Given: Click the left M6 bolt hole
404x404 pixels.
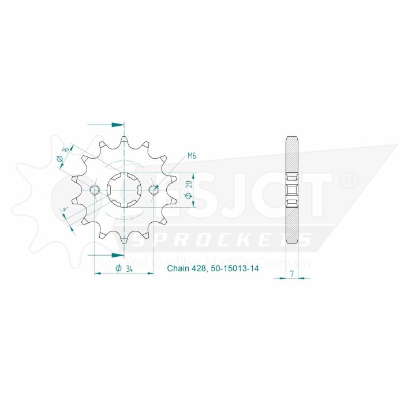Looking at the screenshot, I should click(x=95, y=189).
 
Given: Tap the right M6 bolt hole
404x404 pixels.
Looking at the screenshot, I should click(x=154, y=189).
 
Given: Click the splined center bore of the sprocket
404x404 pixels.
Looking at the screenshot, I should click(x=124, y=189).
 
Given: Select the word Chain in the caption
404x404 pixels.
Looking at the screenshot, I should click(x=177, y=269).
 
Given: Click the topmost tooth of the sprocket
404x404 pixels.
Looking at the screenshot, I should click(x=125, y=140).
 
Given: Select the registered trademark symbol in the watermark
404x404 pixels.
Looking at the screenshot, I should click(x=350, y=181).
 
